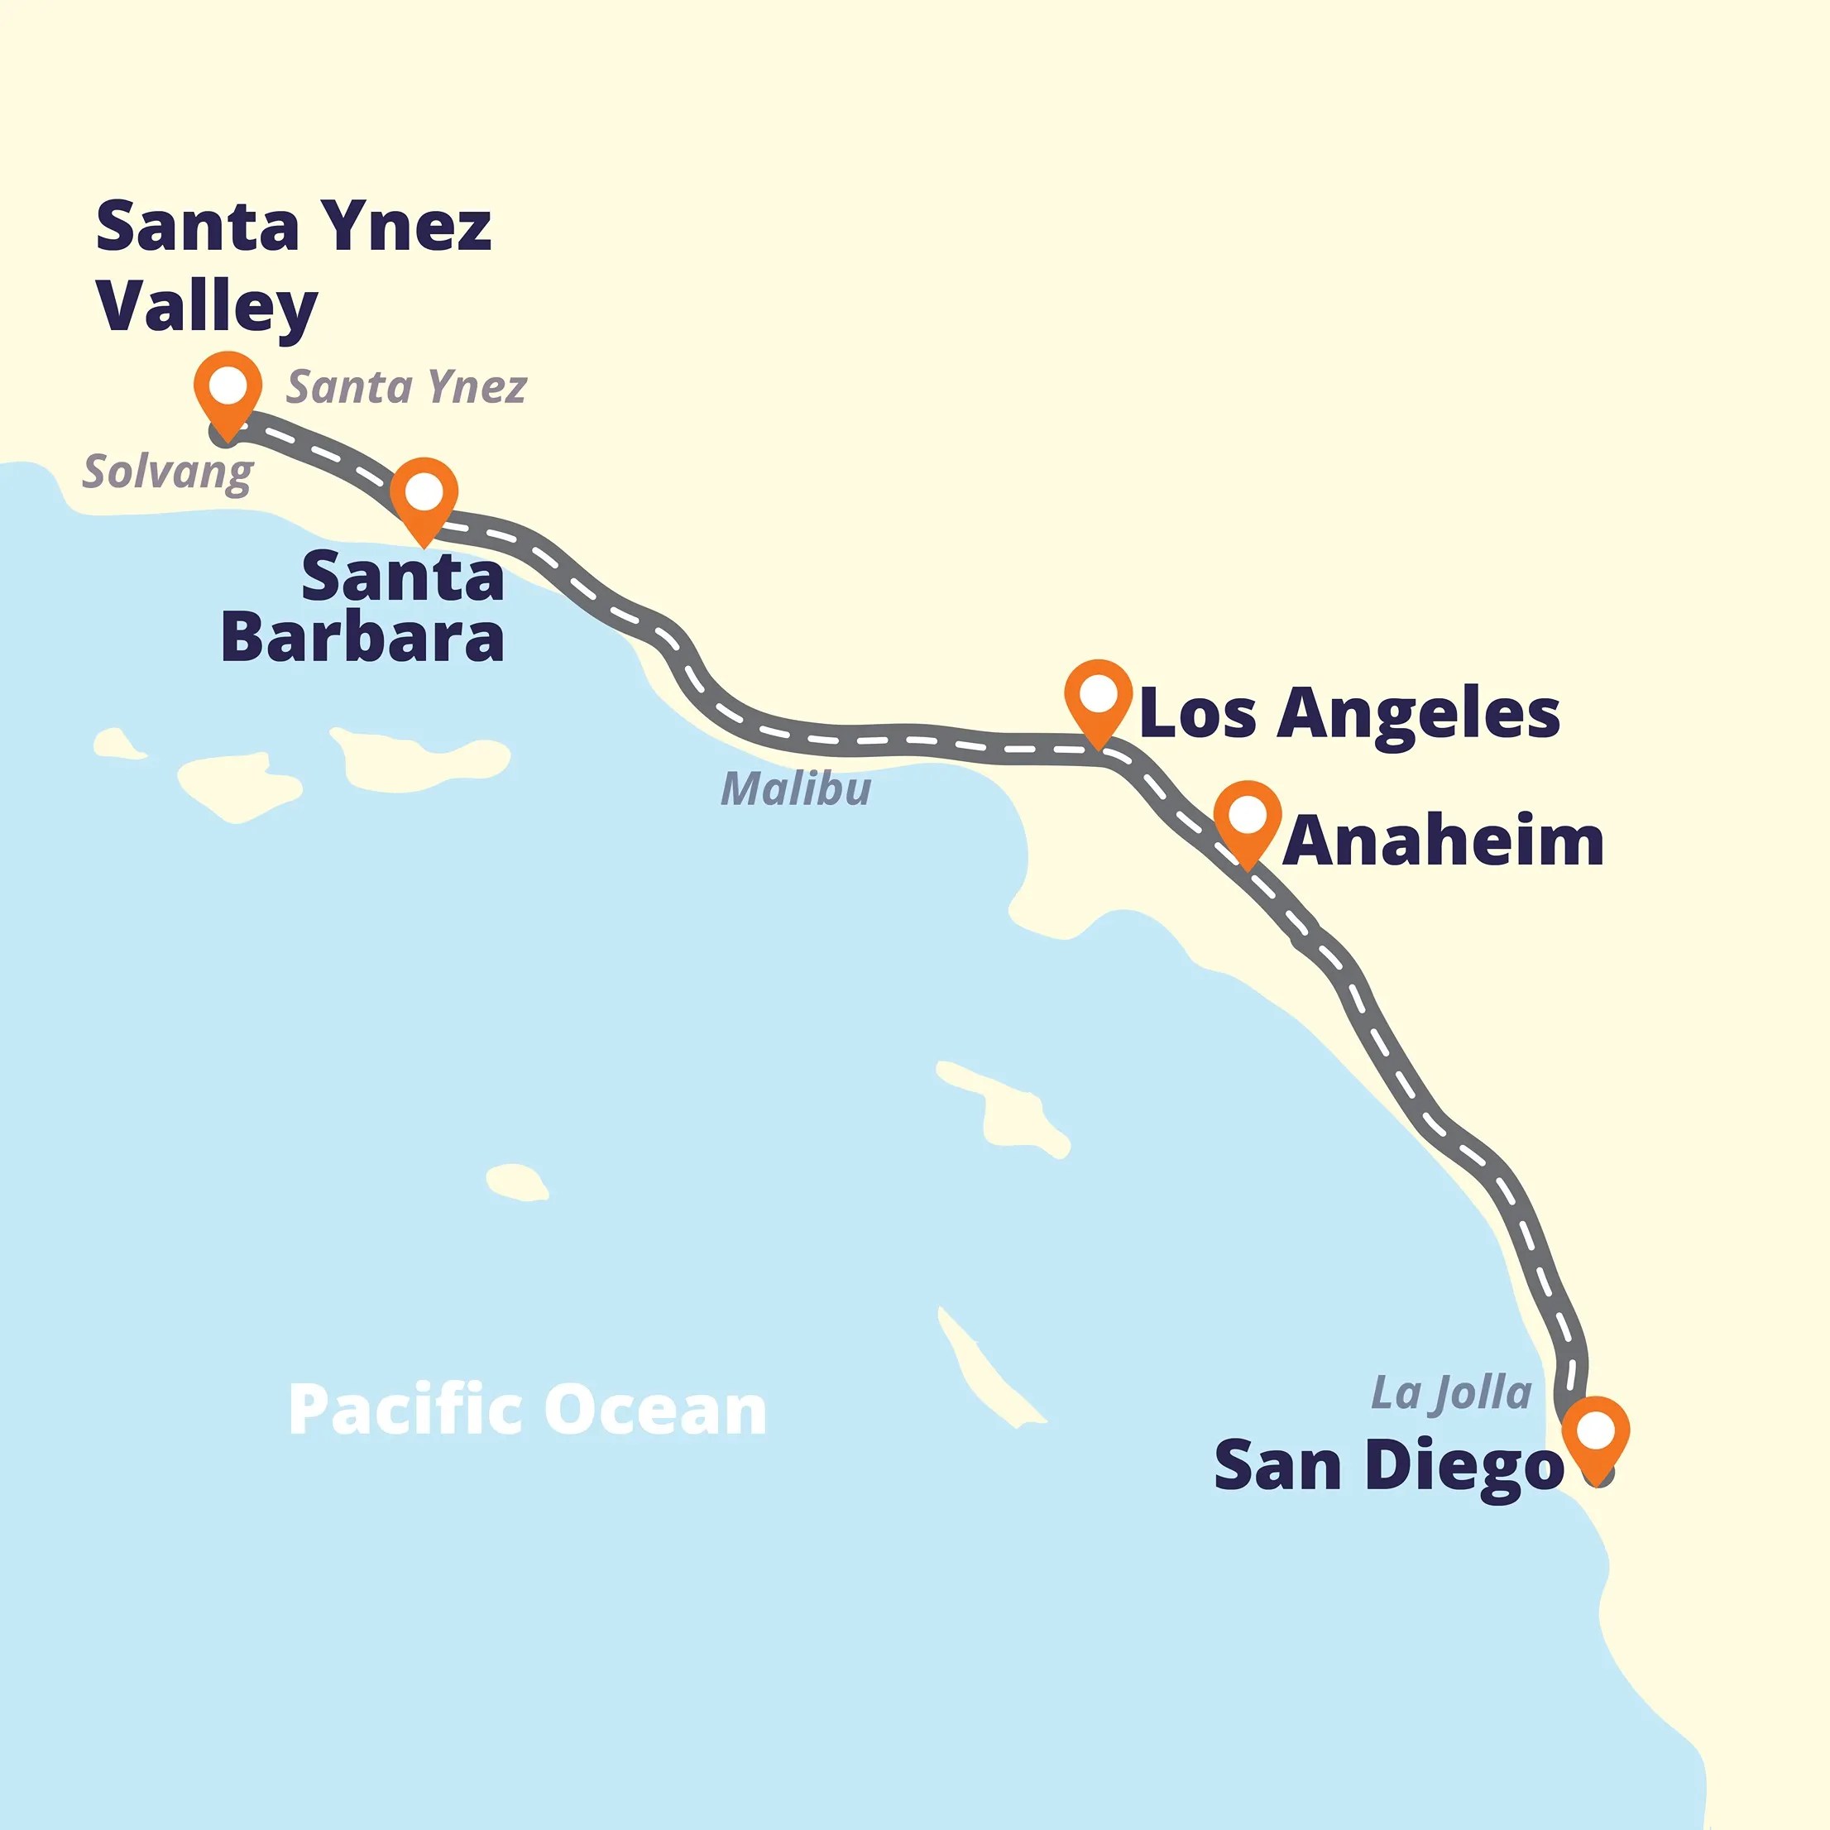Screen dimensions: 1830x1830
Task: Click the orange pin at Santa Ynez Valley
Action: click(228, 388)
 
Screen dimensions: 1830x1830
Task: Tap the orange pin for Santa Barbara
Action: click(424, 494)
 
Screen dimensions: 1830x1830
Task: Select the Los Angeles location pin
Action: click(1098, 697)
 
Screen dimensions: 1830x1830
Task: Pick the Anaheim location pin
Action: click(1248, 817)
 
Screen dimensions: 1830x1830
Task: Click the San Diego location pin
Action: click(1596, 1432)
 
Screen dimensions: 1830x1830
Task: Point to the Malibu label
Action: click(796, 789)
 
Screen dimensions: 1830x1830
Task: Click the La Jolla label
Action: click(1451, 1393)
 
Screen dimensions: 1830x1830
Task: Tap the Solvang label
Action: click(168, 472)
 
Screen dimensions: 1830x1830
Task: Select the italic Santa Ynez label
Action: click(406, 387)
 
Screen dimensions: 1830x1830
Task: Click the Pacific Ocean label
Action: click(527, 1411)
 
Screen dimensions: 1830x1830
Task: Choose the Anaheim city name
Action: click(1443, 841)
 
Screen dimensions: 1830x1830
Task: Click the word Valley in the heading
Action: click(207, 306)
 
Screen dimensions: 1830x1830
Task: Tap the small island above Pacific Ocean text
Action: click(516, 1181)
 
